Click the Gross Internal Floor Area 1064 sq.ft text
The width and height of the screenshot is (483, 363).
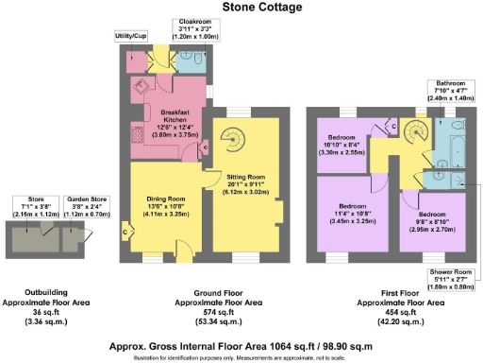tap(240, 345)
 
